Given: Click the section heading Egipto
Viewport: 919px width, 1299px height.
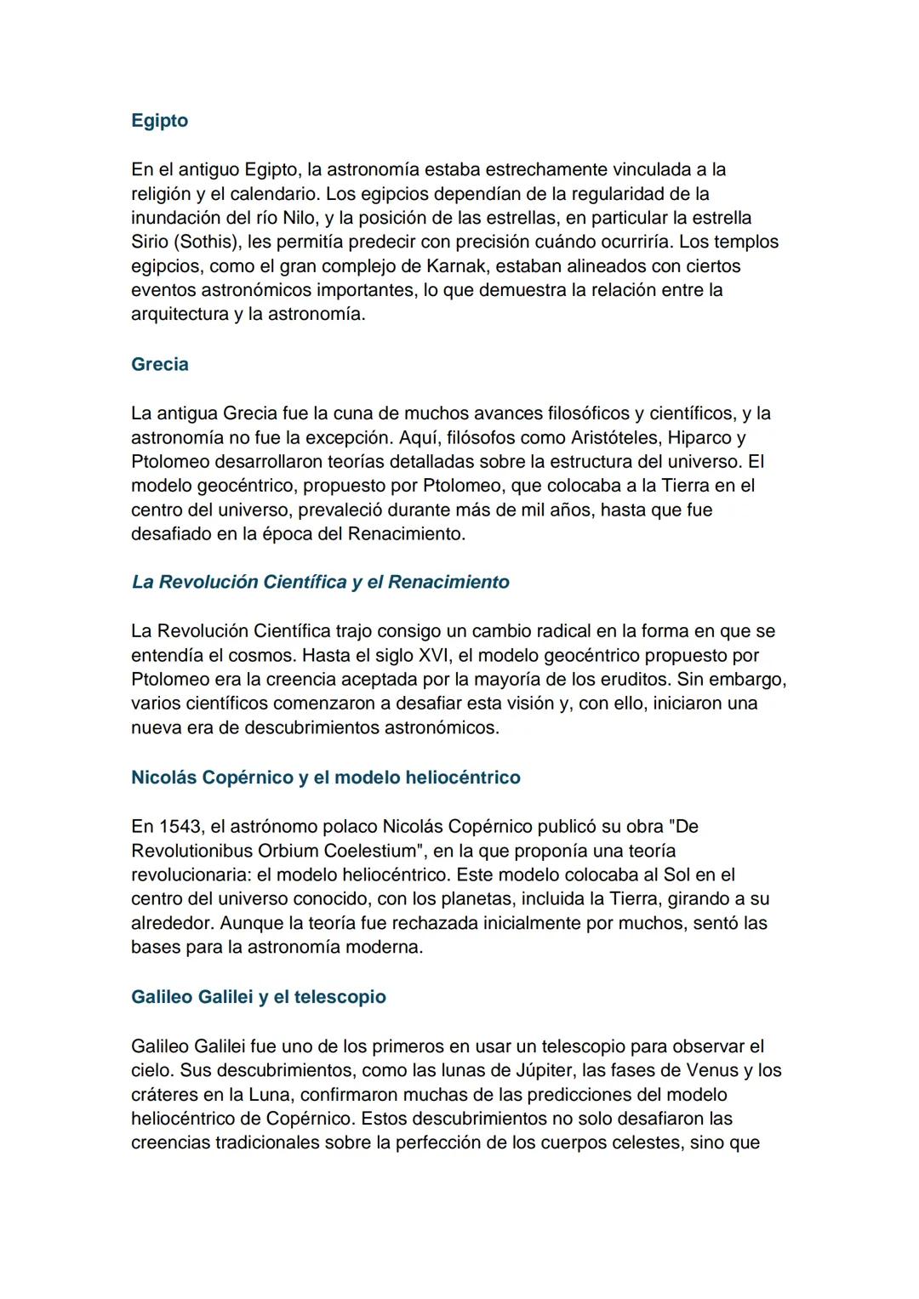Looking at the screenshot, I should click(x=159, y=121).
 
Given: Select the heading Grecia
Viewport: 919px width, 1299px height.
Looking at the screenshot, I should click(x=160, y=364).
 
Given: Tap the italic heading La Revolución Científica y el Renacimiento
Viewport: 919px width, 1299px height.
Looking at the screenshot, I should click(x=320, y=582).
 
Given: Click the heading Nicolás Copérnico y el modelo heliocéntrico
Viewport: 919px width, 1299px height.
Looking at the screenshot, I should click(x=325, y=778).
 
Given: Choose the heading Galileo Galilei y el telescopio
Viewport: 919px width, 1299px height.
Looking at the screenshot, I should click(x=258, y=997).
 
